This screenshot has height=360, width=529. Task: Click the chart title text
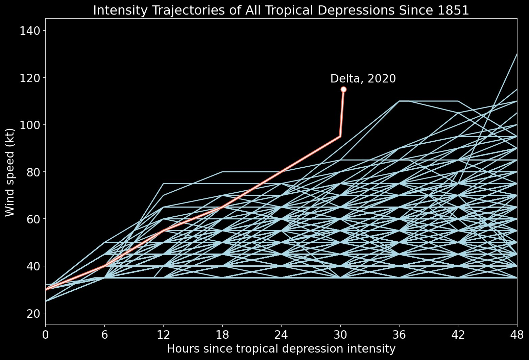tap(281, 10)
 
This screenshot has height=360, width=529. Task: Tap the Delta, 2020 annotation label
tap(363, 79)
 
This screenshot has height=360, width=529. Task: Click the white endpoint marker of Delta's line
tap(343, 89)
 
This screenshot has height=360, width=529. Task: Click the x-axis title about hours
tap(281, 349)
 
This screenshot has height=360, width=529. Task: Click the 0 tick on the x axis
tap(46, 335)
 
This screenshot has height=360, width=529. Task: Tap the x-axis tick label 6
tap(104, 335)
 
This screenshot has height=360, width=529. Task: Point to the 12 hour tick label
tap(163, 335)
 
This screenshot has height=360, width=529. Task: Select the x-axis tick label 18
tap(222, 335)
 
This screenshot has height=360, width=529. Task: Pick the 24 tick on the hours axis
tap(281, 335)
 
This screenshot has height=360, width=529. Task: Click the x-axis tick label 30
tap(340, 335)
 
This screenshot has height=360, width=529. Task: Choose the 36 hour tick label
tap(399, 335)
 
